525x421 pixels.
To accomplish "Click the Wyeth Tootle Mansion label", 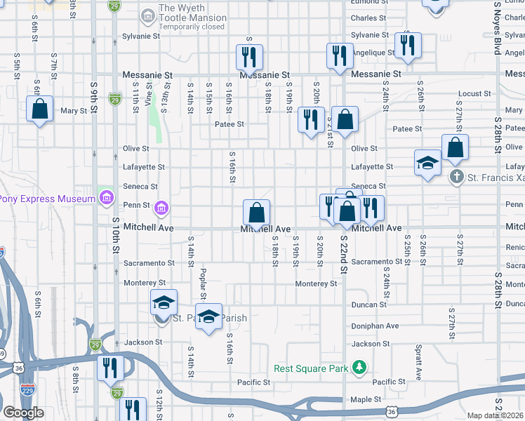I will pyautogui.click(x=192, y=13).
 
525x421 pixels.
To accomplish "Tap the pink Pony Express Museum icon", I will pyautogui.click(x=106, y=199).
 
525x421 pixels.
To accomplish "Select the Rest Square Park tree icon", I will pyautogui.click(x=359, y=368).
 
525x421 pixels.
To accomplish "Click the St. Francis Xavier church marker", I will pyautogui.click(x=456, y=177).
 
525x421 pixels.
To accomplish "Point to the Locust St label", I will pyautogui.click(x=474, y=93).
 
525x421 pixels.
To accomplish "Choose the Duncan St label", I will pyautogui.click(x=368, y=305).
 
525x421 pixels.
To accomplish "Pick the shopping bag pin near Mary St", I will pyautogui.click(x=39, y=110).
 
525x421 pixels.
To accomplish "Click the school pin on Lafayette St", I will pyautogui.click(x=427, y=164).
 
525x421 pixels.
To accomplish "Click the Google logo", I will pyautogui.click(x=24, y=413).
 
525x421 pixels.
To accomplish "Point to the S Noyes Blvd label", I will pyautogui.click(x=497, y=28).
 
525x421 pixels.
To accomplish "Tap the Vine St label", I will pyautogui.click(x=149, y=93).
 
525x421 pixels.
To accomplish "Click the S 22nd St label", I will pyautogui.click(x=344, y=253).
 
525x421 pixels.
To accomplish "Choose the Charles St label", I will pyautogui.click(x=368, y=18).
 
